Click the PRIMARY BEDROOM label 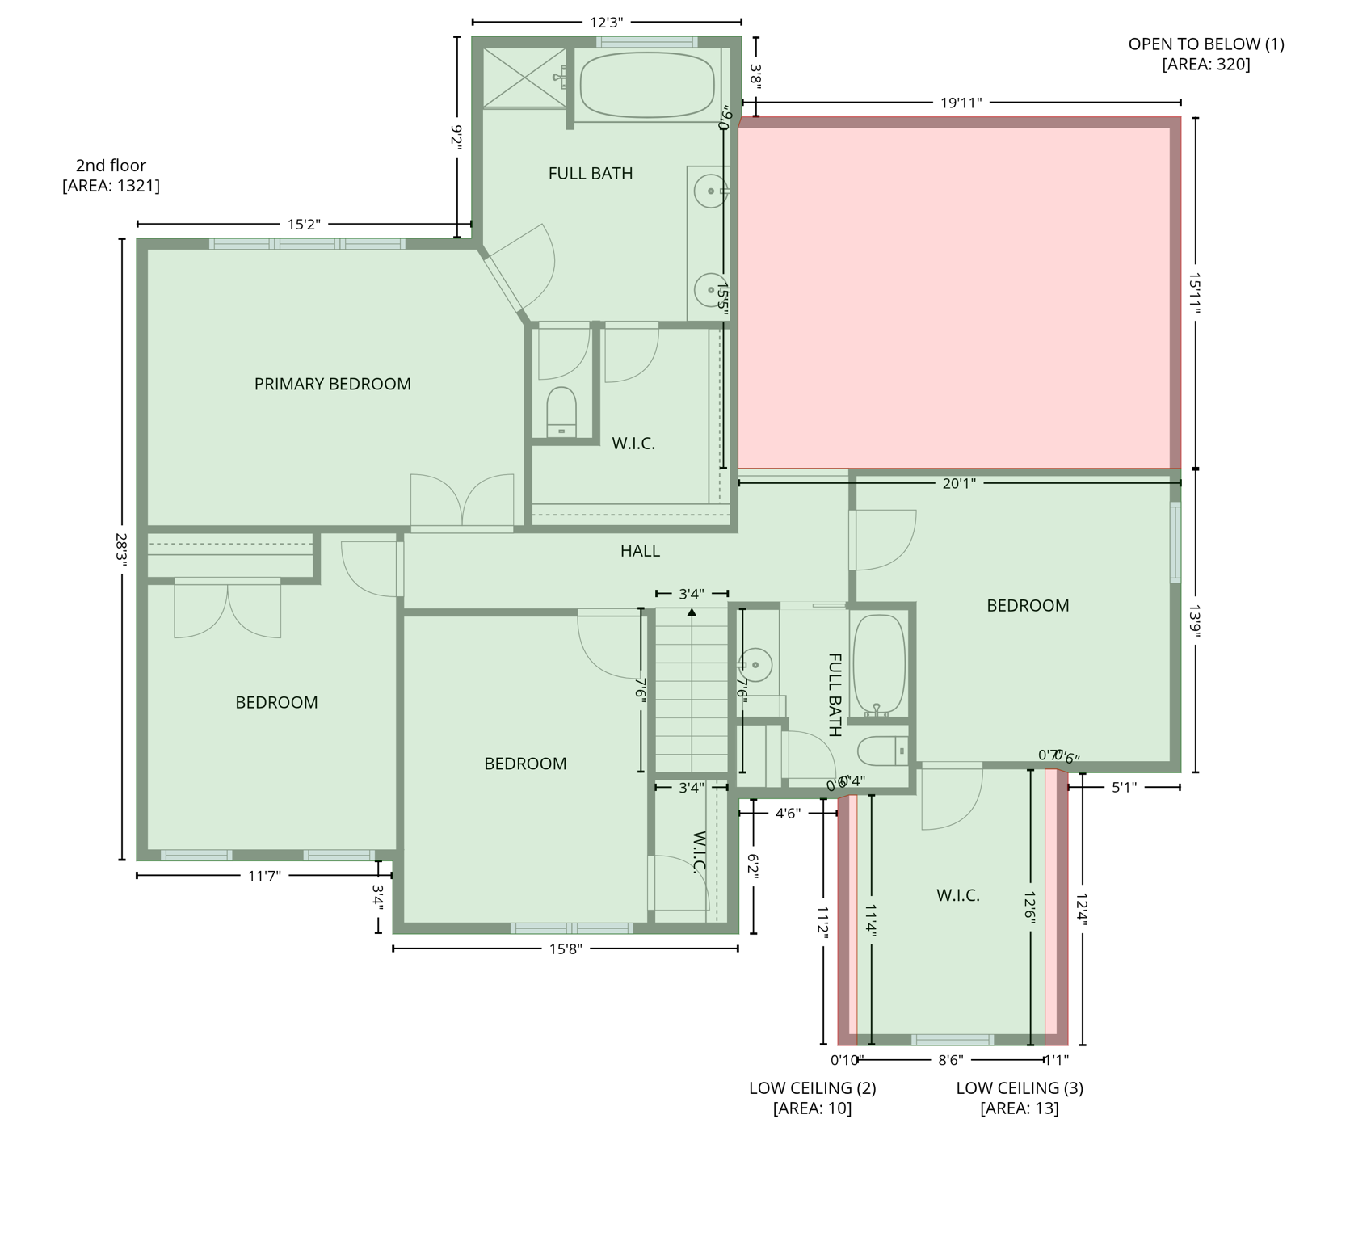click(332, 385)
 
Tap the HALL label click(640, 551)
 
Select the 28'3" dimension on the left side click(122, 550)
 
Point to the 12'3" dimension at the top click(606, 23)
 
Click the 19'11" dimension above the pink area click(961, 103)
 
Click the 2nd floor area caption click(111, 175)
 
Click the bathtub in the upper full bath click(647, 86)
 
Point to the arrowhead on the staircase click(692, 612)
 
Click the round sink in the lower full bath click(756, 665)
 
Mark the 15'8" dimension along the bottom click(566, 949)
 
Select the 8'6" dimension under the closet click(950, 1059)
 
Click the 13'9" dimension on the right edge click(1195, 621)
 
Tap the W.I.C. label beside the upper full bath click(633, 444)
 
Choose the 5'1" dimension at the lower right click(1124, 786)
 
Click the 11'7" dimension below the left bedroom click(263, 875)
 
